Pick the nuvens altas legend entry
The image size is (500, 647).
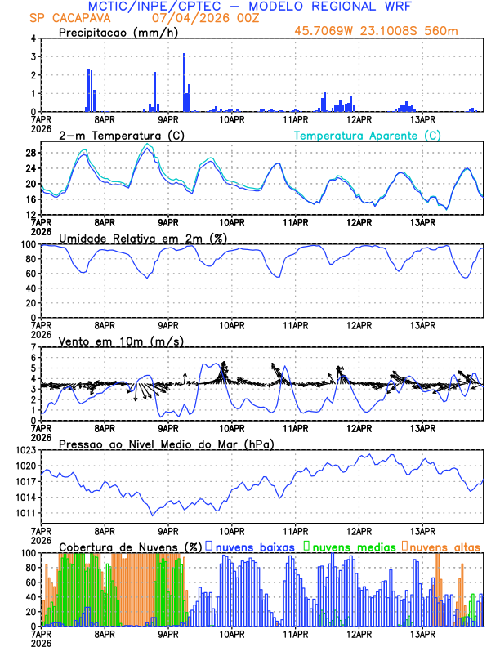[x=444, y=546]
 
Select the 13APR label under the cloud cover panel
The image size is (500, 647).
[x=422, y=634]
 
